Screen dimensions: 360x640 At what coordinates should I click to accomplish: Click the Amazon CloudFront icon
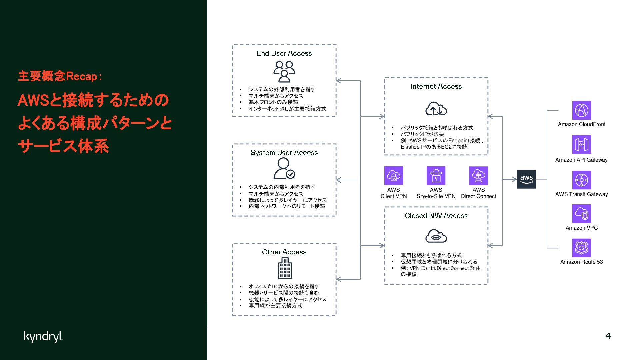(x=581, y=110)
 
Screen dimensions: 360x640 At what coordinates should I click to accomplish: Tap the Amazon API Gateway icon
(x=581, y=144)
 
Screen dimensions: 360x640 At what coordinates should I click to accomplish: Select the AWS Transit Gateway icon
(x=581, y=180)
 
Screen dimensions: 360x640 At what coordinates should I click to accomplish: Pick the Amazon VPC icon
(x=581, y=214)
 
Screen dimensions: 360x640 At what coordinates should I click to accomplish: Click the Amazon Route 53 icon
(x=581, y=248)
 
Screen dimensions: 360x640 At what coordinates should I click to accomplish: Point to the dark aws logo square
(x=526, y=179)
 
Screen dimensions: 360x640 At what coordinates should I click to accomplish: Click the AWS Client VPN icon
(x=393, y=175)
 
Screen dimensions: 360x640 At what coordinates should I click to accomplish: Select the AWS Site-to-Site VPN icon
(x=436, y=175)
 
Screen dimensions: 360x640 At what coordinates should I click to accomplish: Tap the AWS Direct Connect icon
(x=478, y=175)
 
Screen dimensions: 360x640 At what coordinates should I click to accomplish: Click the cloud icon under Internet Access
(x=436, y=109)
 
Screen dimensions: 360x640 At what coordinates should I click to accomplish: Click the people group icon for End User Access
(x=284, y=71)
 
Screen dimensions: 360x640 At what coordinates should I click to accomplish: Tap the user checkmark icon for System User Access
(x=284, y=168)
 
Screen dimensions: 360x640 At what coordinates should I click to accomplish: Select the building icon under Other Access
(x=285, y=269)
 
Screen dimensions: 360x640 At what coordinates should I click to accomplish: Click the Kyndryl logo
(x=43, y=336)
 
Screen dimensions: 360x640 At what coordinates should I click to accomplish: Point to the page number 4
(x=608, y=336)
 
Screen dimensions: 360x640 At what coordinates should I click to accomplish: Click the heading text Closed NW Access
(x=436, y=216)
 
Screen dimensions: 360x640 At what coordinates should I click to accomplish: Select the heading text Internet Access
(x=436, y=86)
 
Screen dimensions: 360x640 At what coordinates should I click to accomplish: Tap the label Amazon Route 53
(x=581, y=262)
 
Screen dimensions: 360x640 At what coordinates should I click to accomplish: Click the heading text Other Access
(x=284, y=252)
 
